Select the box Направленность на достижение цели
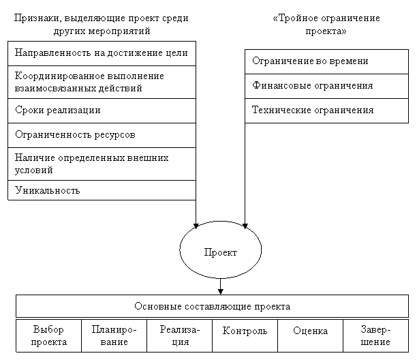pyautogui.click(x=102, y=53)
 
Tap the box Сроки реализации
pyautogui.click(x=102, y=110)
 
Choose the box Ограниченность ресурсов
pyautogui.click(x=102, y=135)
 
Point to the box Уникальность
pyautogui.click(x=102, y=190)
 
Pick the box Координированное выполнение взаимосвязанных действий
pyautogui.click(x=102, y=82)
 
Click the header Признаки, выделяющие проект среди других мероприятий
pyautogui.click(x=102, y=25)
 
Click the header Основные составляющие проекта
pyautogui.click(x=212, y=306)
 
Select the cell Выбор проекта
pyautogui.click(x=48, y=335)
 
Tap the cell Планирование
pyautogui.click(x=114, y=335)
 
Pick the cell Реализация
pyautogui.click(x=179, y=335)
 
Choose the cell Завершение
pyautogui.click(x=375, y=335)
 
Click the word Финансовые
pyautogui.click(x=279, y=86)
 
